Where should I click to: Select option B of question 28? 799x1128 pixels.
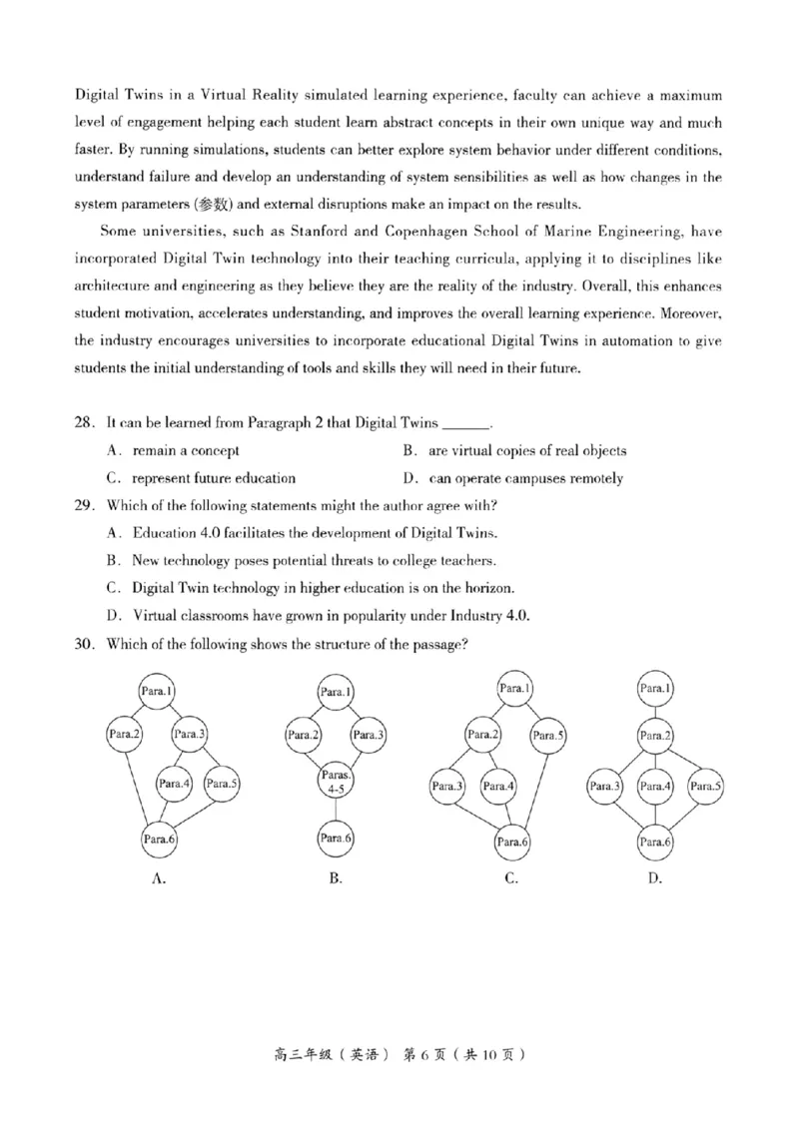pyautogui.click(x=514, y=450)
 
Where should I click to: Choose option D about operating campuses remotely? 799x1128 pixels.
pyautogui.click(x=514, y=478)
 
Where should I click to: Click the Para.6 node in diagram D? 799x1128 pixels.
pyautogui.click(x=655, y=842)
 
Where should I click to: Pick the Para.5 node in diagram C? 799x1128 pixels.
pyautogui.click(x=548, y=737)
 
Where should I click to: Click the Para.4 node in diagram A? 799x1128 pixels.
pyautogui.click(x=175, y=784)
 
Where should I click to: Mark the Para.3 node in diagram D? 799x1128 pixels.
pyautogui.click(x=604, y=786)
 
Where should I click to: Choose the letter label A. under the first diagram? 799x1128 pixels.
pyautogui.click(x=157, y=878)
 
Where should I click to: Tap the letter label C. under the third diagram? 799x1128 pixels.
pyautogui.click(x=512, y=878)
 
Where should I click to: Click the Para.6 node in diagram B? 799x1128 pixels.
pyautogui.click(x=336, y=839)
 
